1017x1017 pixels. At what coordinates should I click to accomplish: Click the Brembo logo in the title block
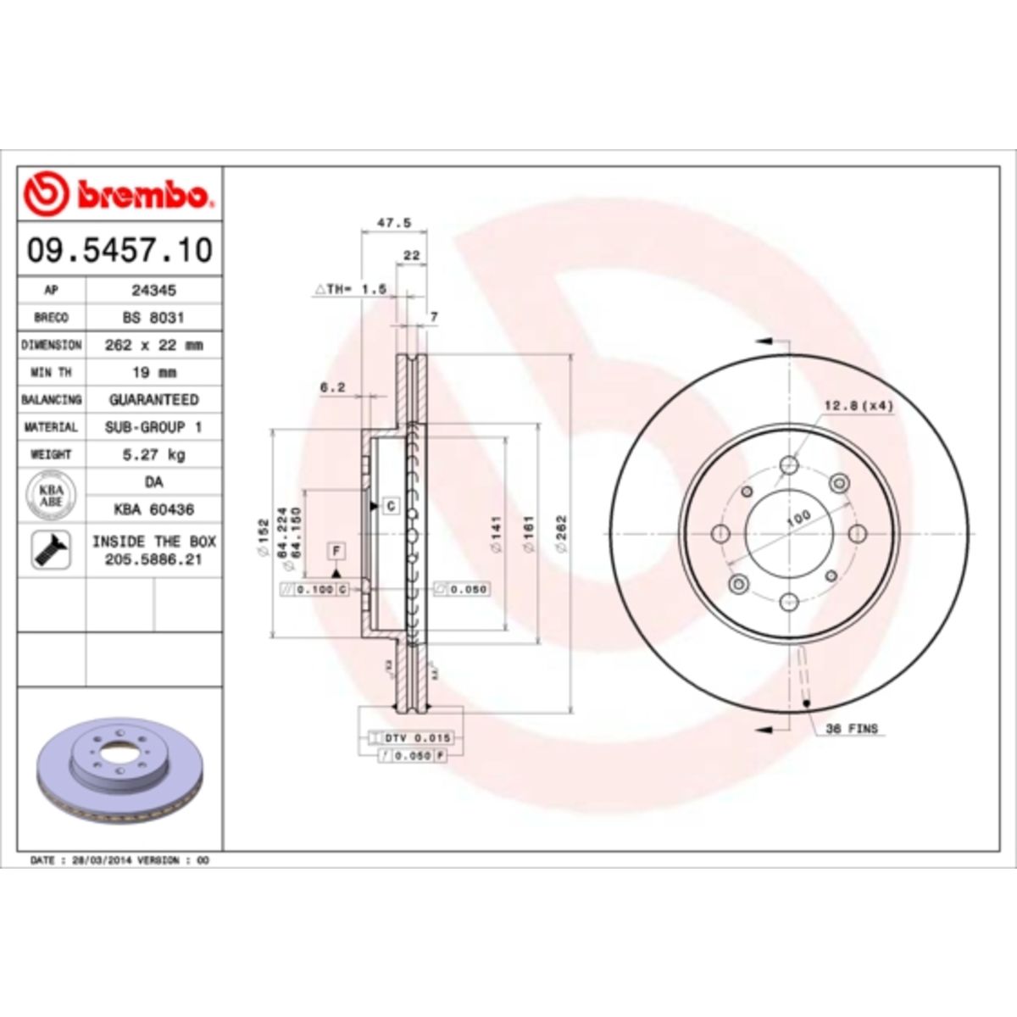119,195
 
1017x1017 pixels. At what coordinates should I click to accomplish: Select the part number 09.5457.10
119,250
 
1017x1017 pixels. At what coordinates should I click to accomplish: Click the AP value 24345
153,290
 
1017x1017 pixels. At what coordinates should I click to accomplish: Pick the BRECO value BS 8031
153,317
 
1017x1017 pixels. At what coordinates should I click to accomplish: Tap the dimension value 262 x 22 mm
153,345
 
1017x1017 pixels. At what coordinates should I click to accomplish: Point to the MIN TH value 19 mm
153,372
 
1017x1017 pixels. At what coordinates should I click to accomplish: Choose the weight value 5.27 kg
153,454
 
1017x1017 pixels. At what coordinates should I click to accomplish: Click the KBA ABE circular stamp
51,496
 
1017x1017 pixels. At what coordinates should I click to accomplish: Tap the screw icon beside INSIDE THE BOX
51,550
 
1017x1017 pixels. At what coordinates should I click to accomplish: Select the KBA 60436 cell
153,509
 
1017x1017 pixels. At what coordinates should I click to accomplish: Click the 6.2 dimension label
332,387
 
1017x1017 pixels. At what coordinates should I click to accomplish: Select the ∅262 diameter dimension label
560,534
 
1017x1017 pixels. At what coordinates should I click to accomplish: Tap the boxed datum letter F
336,551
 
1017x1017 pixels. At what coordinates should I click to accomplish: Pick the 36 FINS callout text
852,728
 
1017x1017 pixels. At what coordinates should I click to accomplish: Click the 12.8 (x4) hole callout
859,406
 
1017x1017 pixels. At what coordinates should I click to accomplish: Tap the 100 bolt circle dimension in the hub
797,518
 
